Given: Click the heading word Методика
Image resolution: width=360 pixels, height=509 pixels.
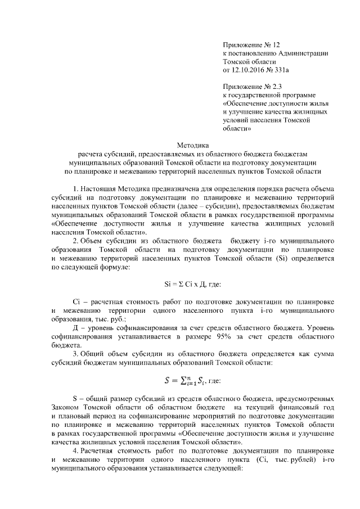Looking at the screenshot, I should (193, 144).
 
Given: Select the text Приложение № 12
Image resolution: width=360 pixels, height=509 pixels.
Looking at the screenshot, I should (250, 43).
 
